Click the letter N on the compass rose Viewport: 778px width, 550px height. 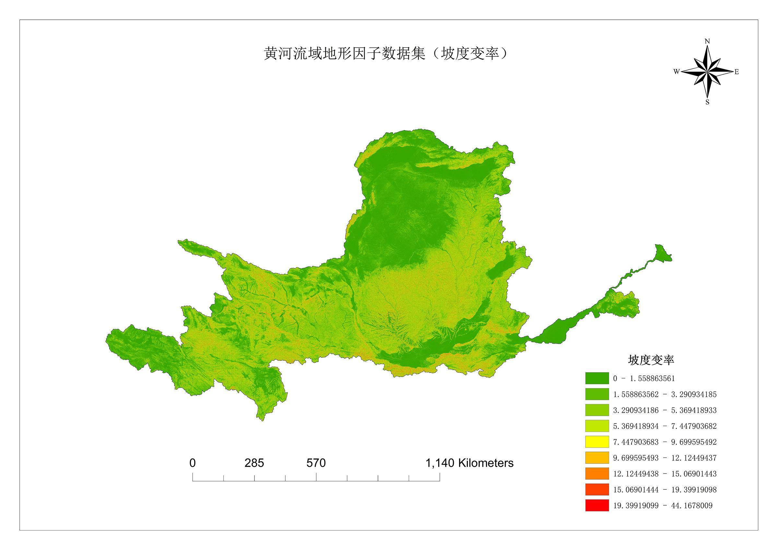[x=707, y=41]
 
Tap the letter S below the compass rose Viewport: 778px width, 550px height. [x=707, y=102]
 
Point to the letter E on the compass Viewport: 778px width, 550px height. [x=736, y=72]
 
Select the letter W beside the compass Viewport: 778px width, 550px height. [x=676, y=72]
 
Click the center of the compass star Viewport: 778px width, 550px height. [x=707, y=72]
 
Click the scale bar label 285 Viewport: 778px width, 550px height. [x=254, y=463]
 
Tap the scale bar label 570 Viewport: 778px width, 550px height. [x=316, y=463]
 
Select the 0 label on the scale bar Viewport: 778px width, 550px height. [x=193, y=463]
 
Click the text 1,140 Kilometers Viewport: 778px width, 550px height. [x=469, y=463]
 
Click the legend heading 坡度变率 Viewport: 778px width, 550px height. [x=651, y=360]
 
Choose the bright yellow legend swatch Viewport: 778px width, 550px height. [x=597, y=442]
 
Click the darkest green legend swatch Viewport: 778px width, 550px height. [x=597, y=378]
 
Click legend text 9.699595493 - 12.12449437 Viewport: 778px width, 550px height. [x=665, y=458]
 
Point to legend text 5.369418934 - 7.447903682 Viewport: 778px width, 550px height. [x=665, y=426]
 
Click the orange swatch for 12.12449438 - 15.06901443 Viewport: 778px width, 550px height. [x=597, y=474]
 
